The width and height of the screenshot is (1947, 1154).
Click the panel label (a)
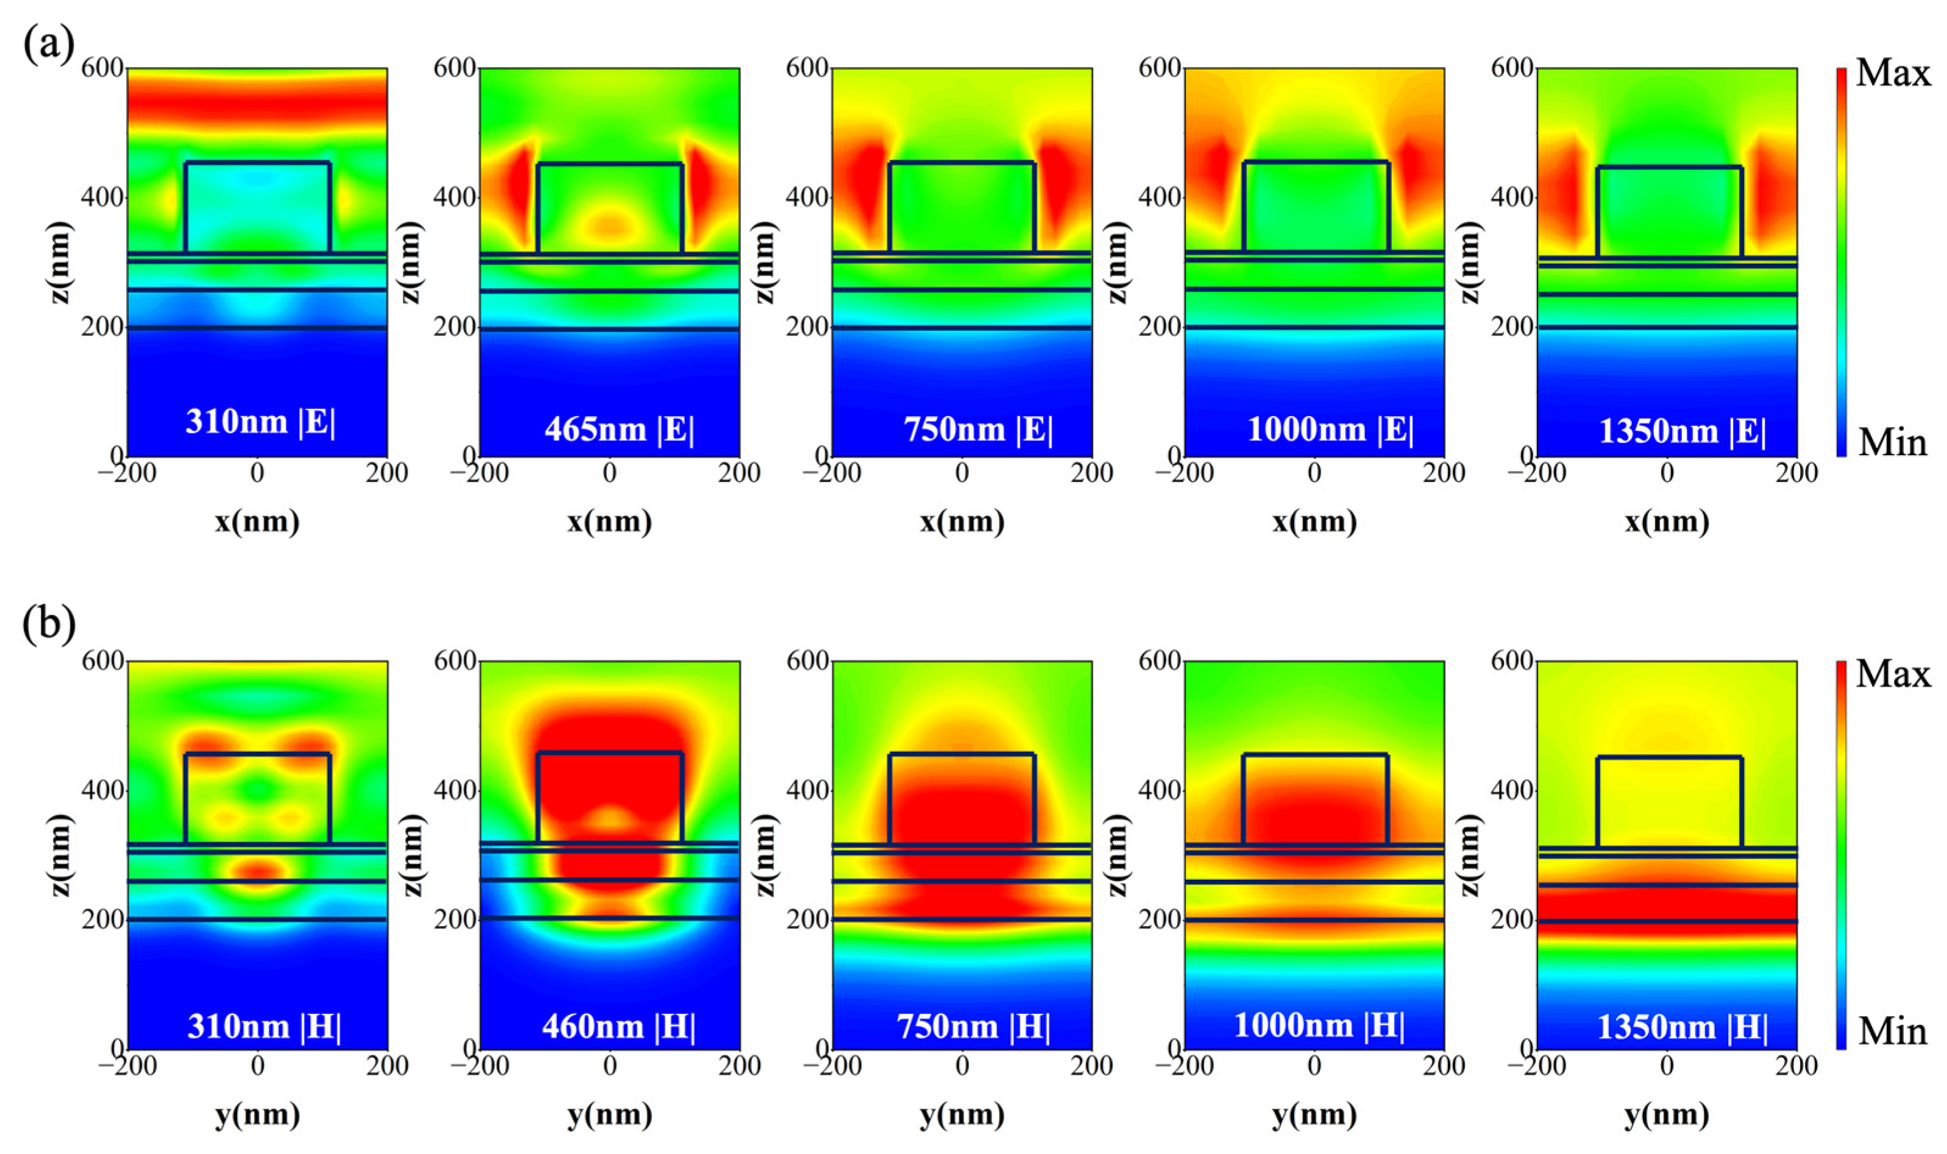tap(48, 45)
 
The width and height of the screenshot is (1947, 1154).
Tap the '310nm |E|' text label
tap(260, 422)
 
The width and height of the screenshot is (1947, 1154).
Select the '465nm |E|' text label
tap(619, 430)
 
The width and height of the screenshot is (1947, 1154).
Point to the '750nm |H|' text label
tap(974, 1027)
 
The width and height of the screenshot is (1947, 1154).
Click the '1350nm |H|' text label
tap(1682, 1027)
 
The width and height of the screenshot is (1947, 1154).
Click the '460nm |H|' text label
tap(619, 1027)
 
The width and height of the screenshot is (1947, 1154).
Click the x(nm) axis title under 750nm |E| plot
tap(962, 521)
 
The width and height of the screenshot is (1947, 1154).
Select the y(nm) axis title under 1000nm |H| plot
tap(1314, 1114)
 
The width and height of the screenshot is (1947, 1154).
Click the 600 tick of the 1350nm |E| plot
tap(1513, 68)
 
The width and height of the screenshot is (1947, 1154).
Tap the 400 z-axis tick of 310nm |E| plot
tap(102, 197)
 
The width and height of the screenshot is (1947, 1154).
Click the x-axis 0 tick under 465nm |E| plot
tap(609, 473)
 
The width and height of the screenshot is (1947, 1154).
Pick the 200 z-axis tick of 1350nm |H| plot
tap(1513, 919)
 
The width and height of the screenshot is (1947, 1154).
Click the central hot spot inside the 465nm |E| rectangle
tap(609, 225)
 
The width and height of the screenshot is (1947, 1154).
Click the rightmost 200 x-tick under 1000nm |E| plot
tap(1444, 473)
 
